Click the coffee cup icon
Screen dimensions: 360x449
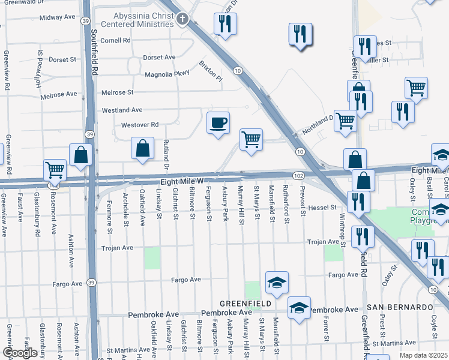click(x=218, y=123)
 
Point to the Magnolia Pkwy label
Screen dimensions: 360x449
click(x=167, y=74)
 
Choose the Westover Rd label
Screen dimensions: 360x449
click(x=139, y=125)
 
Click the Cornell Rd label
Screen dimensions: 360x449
click(x=115, y=41)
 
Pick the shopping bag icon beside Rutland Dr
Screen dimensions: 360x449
click(x=142, y=149)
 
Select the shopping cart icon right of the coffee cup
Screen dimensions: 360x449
click(x=251, y=140)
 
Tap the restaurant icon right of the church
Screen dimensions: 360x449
click(x=225, y=24)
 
